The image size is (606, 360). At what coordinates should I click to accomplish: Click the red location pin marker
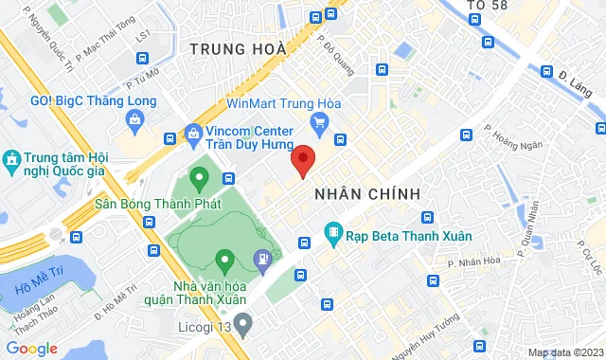click(303, 160)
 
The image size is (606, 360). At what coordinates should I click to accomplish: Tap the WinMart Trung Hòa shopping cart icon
click(320, 121)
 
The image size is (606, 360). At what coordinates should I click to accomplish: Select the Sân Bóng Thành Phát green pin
click(199, 177)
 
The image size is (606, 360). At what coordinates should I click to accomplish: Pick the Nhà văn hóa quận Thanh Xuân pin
click(224, 259)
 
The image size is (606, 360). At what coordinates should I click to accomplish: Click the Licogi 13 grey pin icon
click(242, 327)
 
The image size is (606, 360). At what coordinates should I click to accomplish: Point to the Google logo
click(31, 348)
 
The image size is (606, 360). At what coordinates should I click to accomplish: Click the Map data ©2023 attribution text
click(564, 352)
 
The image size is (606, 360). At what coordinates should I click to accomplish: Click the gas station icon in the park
click(263, 257)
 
